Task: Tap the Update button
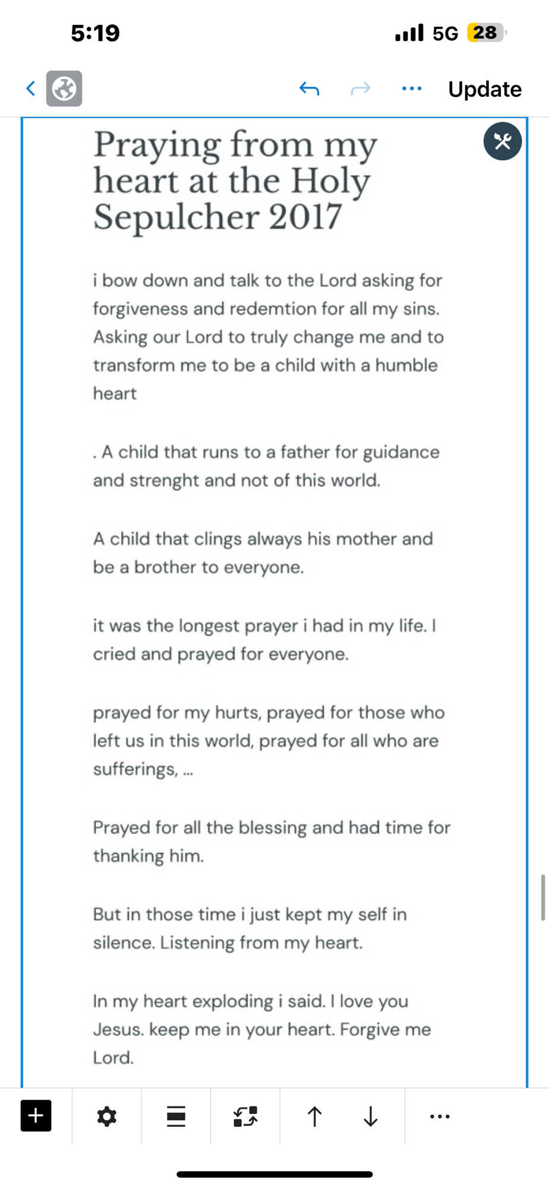(x=484, y=89)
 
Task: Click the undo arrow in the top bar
(x=309, y=89)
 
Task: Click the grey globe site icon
(x=64, y=89)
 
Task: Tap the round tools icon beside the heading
(x=502, y=141)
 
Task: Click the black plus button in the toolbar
(x=36, y=1116)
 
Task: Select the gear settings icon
(x=106, y=1116)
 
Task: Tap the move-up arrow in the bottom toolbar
(x=314, y=1116)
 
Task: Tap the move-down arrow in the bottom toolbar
(x=370, y=1116)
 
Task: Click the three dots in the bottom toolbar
(x=440, y=1116)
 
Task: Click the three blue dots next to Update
(x=412, y=89)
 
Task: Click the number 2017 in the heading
(x=305, y=217)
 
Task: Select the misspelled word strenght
(x=164, y=480)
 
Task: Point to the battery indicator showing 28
(x=486, y=32)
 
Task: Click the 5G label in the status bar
(x=445, y=33)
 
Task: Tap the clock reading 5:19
(x=95, y=33)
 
